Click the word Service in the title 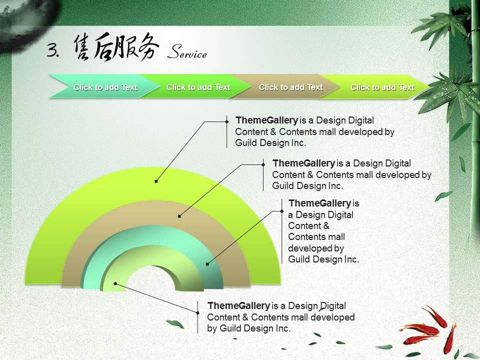[x=187, y=51]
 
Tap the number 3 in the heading [x=51, y=49]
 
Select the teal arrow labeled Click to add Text [x=104, y=86]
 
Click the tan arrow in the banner [x=284, y=86]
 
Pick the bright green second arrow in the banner [x=196, y=86]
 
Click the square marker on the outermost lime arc [x=156, y=181]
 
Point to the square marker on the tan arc [x=179, y=216]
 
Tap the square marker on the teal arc [x=207, y=264]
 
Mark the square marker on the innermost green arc [x=115, y=284]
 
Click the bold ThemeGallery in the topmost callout [x=266, y=120]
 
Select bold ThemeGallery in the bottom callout [x=238, y=306]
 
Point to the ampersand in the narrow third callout [x=325, y=226]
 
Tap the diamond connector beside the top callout [x=227, y=121]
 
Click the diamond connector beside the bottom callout [x=198, y=312]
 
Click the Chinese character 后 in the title [x=105, y=46]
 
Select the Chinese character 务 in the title [x=148, y=46]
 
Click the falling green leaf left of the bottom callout [x=175, y=323]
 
